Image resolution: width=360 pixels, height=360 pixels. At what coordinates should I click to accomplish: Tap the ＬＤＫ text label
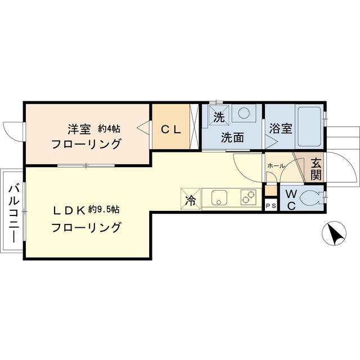[x=69, y=210]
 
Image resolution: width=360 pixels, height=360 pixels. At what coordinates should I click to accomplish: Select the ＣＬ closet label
[x=171, y=129]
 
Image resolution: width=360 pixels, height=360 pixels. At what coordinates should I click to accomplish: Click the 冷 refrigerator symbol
[x=191, y=199]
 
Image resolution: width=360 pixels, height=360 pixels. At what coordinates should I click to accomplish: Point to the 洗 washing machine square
[x=218, y=118]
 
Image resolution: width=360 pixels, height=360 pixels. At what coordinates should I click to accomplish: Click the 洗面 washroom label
[x=232, y=137]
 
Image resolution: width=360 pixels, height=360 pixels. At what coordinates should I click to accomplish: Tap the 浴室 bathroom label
[x=280, y=128]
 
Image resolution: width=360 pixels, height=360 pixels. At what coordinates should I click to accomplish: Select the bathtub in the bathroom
[x=309, y=125]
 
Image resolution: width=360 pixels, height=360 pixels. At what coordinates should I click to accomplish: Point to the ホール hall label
[x=276, y=166]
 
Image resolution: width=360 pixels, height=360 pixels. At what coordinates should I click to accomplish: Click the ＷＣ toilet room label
[x=290, y=199]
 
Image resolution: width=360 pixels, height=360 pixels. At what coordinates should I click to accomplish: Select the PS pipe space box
[x=271, y=205]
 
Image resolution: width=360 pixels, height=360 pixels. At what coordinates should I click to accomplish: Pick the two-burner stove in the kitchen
[x=248, y=197]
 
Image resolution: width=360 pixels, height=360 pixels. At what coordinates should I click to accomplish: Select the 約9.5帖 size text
[x=106, y=210]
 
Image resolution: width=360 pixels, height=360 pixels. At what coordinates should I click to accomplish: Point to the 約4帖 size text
[x=109, y=128]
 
